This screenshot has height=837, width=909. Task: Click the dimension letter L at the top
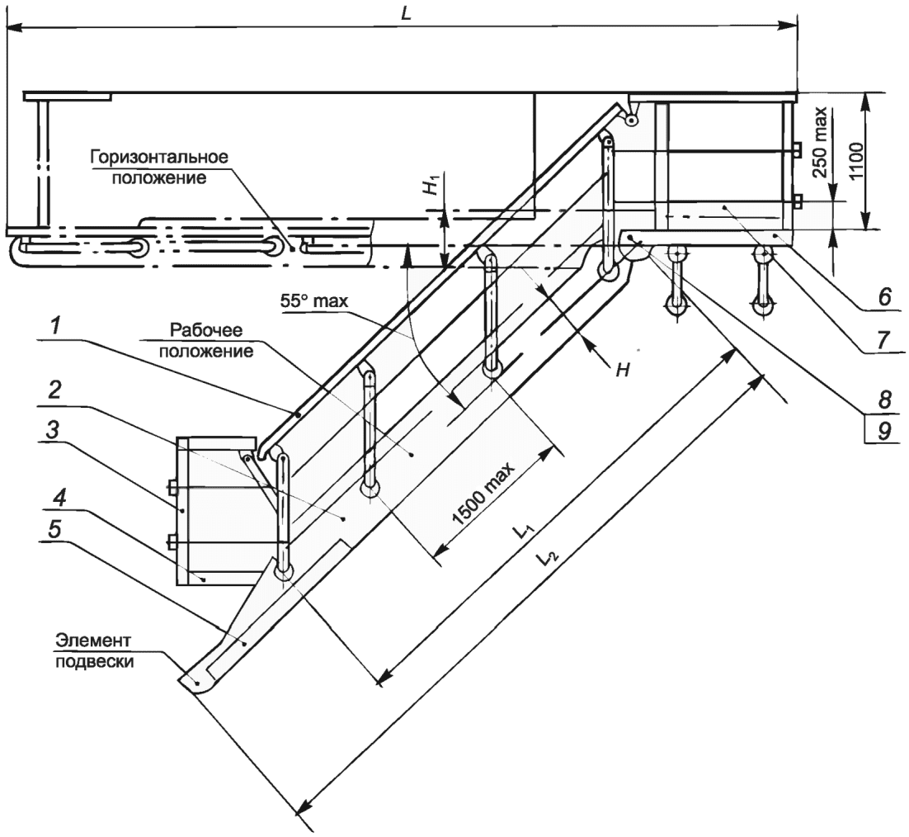406,14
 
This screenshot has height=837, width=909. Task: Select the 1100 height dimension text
857,161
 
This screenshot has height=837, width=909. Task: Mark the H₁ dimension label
430,187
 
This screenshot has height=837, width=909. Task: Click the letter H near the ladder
623,370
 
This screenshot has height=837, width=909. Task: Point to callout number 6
884,297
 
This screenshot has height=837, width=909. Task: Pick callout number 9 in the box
884,430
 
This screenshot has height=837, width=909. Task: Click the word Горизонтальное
159,158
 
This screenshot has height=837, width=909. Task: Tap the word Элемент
93,641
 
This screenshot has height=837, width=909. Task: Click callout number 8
884,399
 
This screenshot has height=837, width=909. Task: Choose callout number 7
884,339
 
